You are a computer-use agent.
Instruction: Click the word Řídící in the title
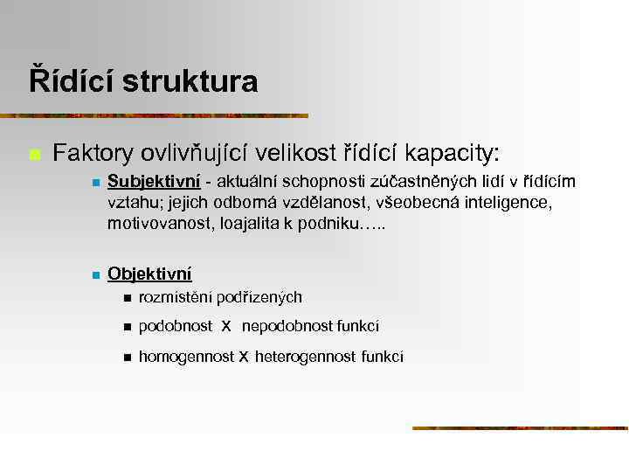coord(71,81)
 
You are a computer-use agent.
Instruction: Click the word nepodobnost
coord(282,327)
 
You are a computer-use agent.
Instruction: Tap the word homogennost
coord(186,356)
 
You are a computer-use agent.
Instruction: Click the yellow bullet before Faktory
coord(35,155)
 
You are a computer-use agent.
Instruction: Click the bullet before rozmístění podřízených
coord(127,299)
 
